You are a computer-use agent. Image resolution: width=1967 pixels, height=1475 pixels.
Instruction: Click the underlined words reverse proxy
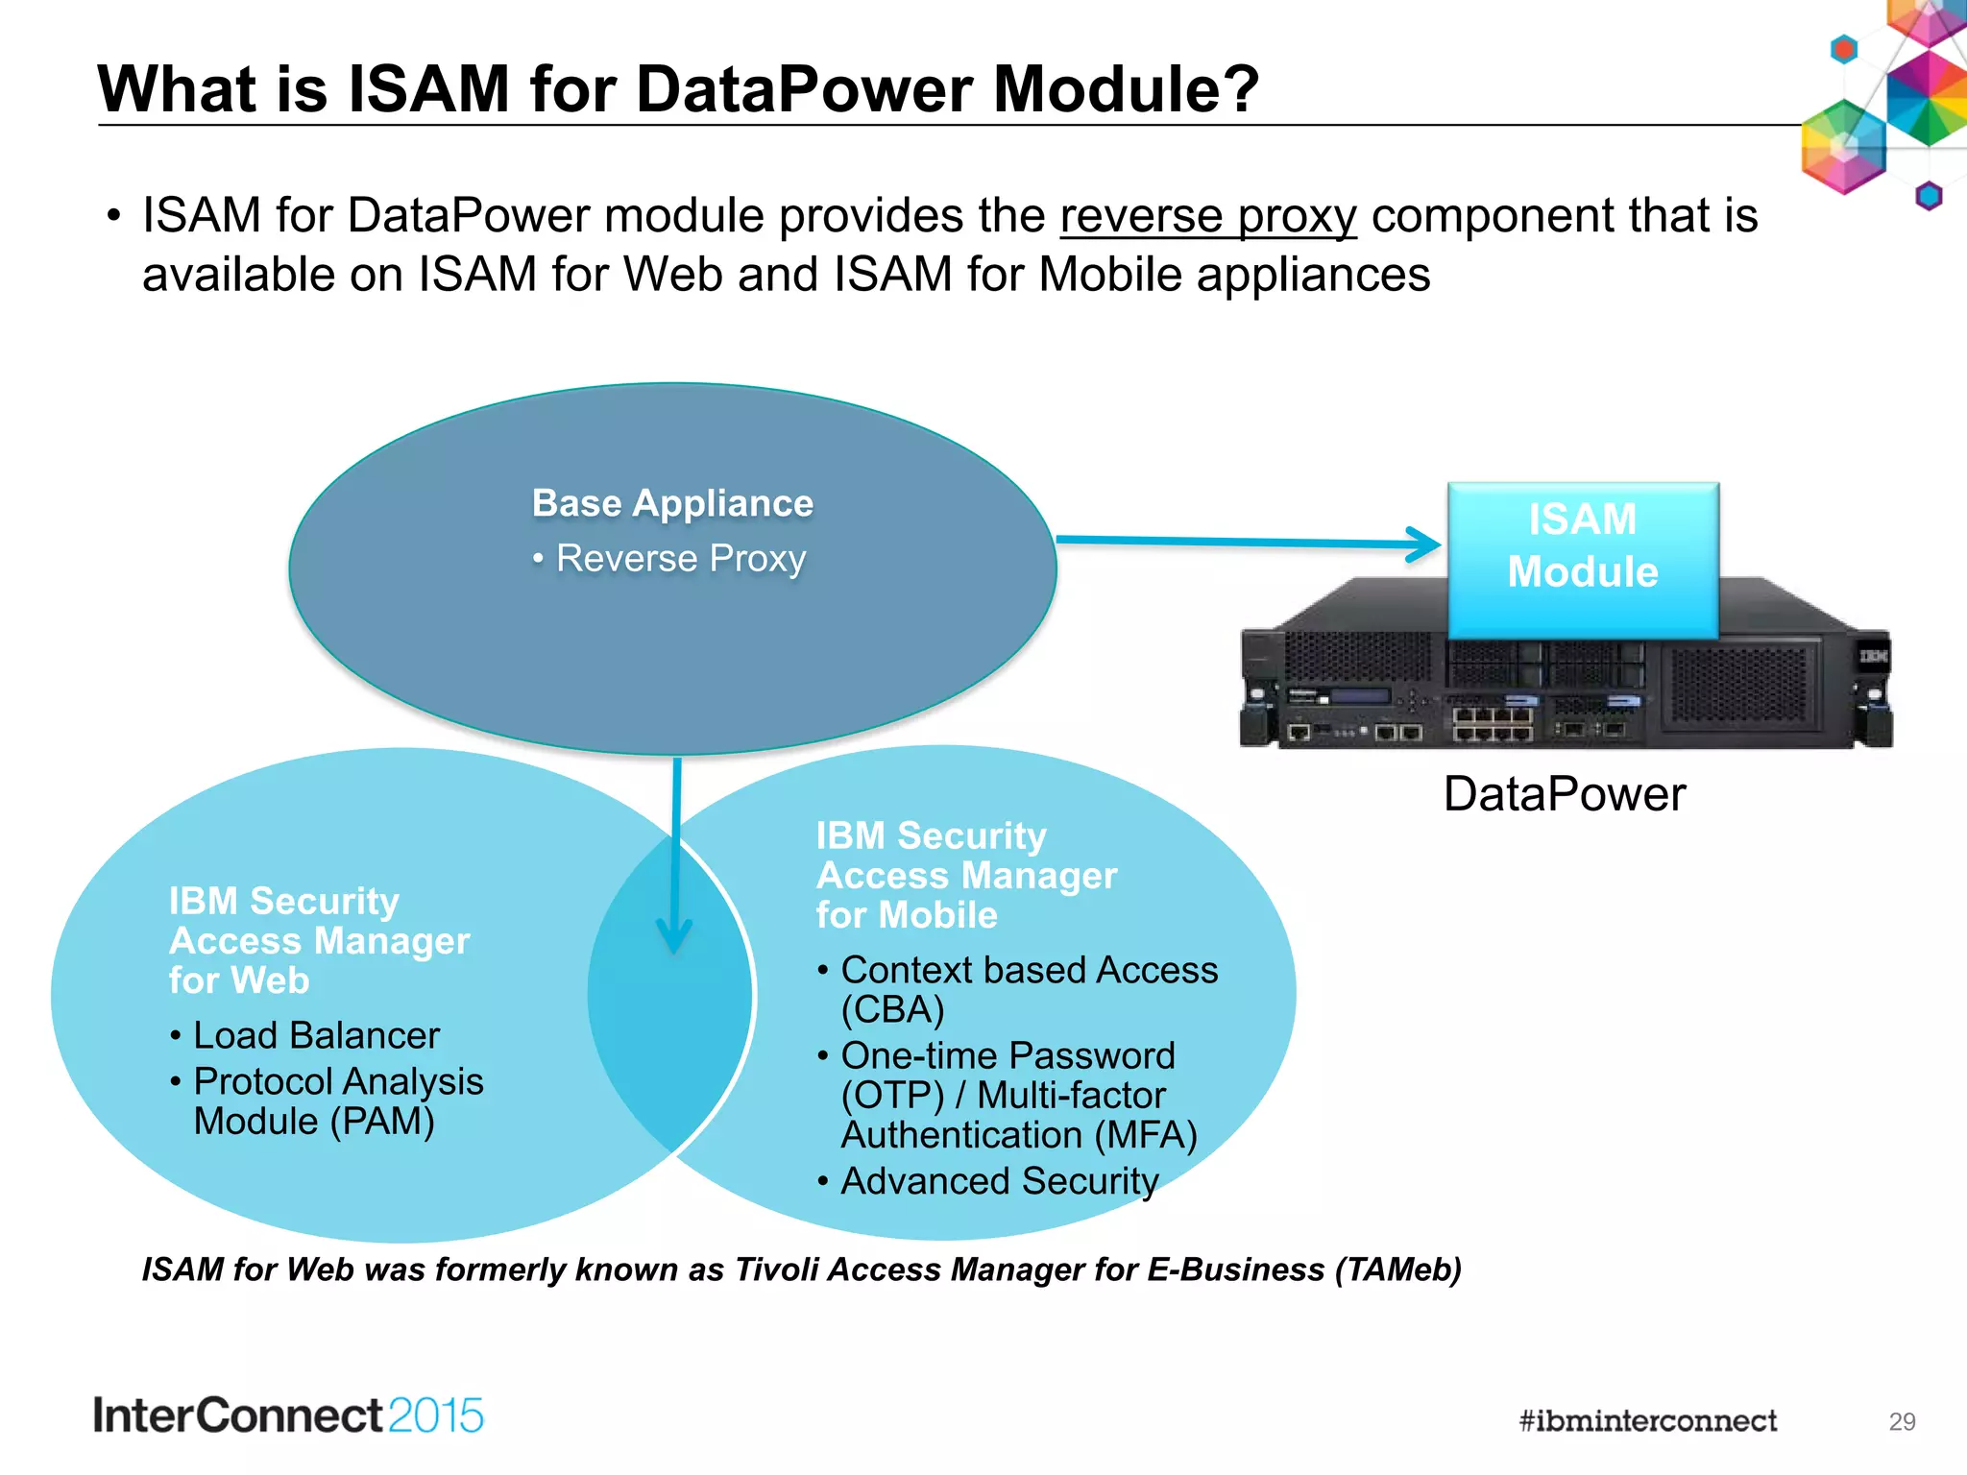point(1207,217)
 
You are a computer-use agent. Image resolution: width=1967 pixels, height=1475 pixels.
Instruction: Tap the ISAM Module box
point(1583,559)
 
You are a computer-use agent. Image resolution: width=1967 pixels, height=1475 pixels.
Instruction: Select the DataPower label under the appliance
point(1564,794)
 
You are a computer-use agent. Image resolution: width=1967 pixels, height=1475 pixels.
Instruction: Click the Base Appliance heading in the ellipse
point(672,503)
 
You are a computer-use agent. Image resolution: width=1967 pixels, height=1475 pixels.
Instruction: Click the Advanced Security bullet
point(999,1181)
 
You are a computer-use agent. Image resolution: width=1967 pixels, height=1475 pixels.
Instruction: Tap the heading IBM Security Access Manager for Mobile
point(965,875)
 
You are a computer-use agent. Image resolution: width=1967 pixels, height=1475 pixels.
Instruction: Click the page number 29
point(1901,1421)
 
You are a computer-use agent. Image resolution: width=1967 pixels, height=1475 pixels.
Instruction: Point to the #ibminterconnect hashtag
point(1647,1421)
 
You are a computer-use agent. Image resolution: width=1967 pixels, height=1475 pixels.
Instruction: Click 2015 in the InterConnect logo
point(436,1416)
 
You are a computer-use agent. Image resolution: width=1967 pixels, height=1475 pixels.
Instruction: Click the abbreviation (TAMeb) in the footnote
point(1397,1269)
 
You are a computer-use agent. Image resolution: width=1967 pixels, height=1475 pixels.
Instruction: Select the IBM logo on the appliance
point(1872,656)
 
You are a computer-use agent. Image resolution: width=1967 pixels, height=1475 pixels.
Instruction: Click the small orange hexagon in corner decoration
point(1843,48)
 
